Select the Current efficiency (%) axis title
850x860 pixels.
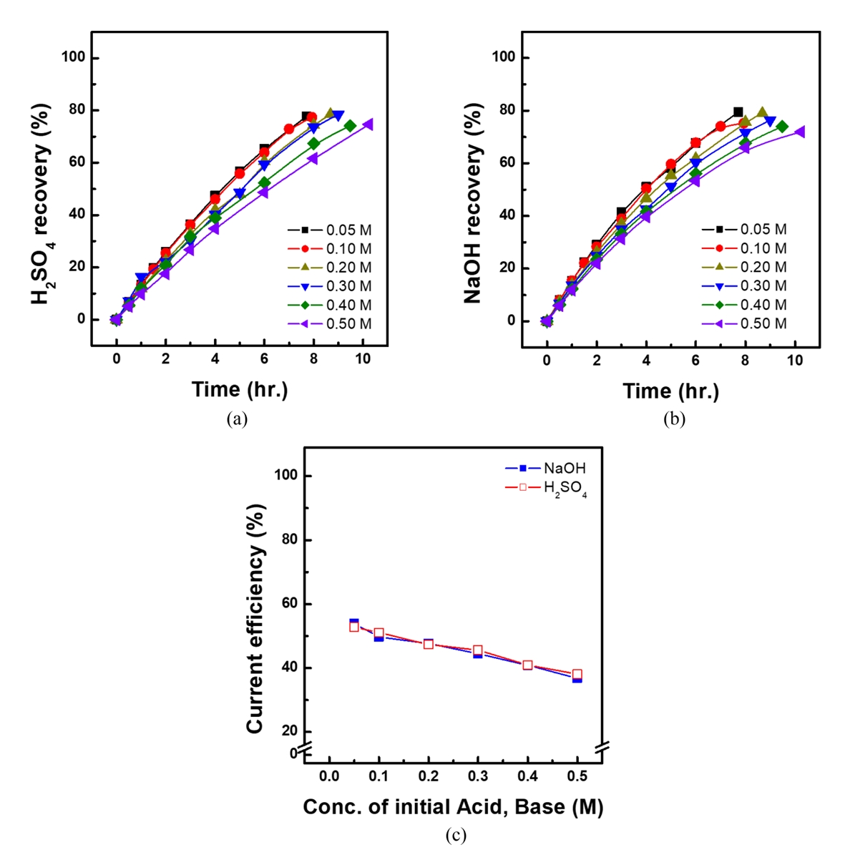255,619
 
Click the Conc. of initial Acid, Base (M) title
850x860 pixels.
453,808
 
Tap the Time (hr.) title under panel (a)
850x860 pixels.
240,390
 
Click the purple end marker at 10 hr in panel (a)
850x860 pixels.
368,124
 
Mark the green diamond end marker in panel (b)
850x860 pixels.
782,127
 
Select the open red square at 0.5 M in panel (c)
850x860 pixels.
577,674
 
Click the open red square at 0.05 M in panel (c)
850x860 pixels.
353,627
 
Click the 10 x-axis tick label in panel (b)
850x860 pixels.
795,360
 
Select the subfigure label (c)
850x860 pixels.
456,835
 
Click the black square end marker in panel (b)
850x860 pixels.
738,112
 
